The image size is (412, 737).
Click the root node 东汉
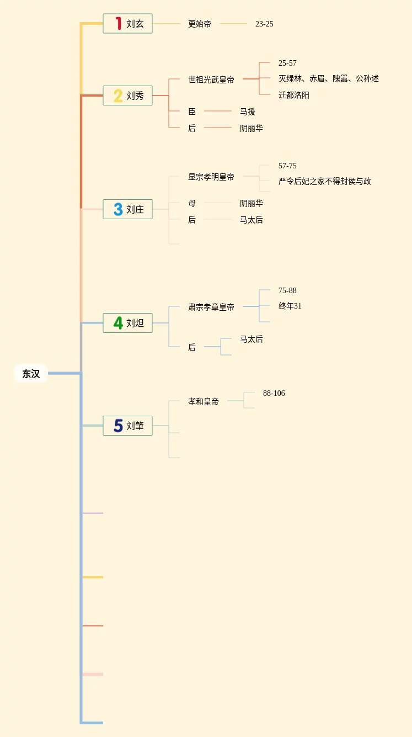point(31,374)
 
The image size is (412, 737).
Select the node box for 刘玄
point(127,24)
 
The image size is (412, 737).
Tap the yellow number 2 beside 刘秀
point(118,96)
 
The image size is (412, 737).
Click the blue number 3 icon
point(118,209)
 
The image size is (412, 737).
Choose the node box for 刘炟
point(127,323)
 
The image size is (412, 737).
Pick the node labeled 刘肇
point(127,426)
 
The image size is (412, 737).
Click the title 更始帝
point(200,24)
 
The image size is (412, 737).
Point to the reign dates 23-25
point(264,24)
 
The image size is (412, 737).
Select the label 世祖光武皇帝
point(211,79)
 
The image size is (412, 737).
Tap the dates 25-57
point(287,63)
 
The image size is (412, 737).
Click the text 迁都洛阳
point(294,95)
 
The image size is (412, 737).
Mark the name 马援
point(248,112)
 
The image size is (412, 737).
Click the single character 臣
point(192,112)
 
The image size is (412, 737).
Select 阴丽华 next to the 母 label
point(252,203)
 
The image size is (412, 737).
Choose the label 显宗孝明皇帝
point(211,177)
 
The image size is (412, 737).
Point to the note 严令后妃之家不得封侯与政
point(325,181)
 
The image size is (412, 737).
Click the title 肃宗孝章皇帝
point(211,307)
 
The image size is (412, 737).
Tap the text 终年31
point(290,306)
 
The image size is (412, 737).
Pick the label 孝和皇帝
point(204,401)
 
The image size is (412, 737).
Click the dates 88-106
point(274,393)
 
